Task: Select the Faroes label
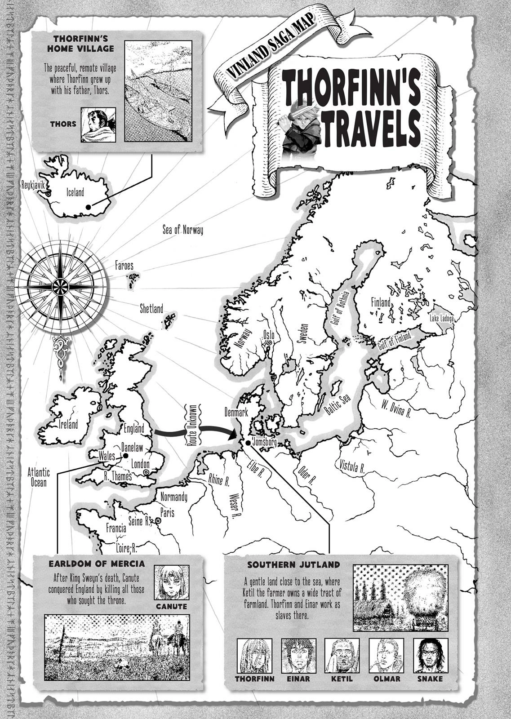124,266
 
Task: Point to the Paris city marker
158,521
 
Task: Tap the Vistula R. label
352,467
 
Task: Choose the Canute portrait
171,582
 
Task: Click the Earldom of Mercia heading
96,564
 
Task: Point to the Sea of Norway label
182,230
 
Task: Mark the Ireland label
68,424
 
